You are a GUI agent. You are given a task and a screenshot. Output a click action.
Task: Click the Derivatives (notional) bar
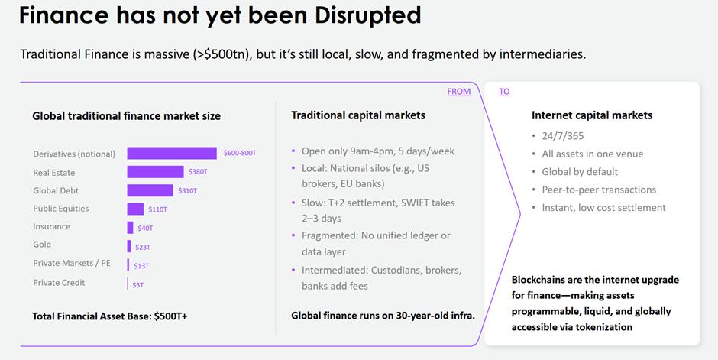point(172,153)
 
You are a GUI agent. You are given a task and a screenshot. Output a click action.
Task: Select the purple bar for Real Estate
point(155,172)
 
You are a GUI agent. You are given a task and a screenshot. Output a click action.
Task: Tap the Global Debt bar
point(150,190)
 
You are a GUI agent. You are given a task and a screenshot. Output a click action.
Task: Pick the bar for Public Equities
point(135,209)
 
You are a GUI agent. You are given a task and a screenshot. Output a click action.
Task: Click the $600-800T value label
point(240,153)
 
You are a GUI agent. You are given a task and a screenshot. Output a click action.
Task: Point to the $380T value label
point(198,172)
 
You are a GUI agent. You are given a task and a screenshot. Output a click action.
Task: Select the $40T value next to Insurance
point(145,228)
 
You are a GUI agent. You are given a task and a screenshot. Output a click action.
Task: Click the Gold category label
point(42,245)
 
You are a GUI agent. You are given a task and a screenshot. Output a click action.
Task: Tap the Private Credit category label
point(59,283)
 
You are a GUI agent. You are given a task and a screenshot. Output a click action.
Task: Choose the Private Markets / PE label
point(72,263)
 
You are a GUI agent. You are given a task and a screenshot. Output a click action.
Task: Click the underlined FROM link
point(459,92)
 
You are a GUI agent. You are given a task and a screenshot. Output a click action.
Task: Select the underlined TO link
point(504,92)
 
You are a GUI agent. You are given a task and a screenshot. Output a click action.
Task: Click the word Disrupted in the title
point(367,15)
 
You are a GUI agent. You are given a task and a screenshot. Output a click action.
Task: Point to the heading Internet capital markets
point(592,115)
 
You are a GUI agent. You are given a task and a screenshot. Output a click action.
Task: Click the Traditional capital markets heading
point(358,115)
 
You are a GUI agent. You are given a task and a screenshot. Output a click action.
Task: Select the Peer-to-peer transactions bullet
point(599,190)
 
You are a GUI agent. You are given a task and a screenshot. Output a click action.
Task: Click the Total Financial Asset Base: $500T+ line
point(110,316)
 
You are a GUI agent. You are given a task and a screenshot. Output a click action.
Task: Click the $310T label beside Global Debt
point(187,190)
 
